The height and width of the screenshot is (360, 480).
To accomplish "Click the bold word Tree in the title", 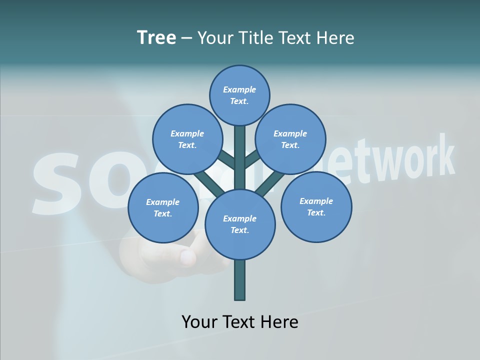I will [x=156, y=37].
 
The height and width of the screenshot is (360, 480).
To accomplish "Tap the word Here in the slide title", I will [x=335, y=37].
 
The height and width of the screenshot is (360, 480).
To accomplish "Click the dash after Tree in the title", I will [x=187, y=38].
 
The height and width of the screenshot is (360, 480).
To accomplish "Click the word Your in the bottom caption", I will [x=199, y=321].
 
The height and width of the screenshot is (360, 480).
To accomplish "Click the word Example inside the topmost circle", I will [x=239, y=89].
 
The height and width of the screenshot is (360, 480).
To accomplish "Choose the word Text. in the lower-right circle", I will [x=316, y=212].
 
